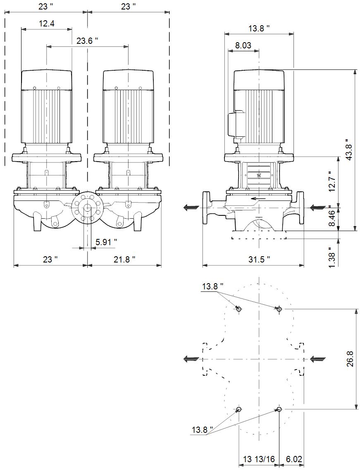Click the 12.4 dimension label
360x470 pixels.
(x=46, y=24)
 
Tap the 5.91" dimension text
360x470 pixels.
(x=106, y=241)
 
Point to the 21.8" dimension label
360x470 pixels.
(x=124, y=259)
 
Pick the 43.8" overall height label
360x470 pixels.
(x=348, y=150)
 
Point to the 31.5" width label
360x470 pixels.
(x=259, y=259)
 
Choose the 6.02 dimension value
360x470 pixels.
(x=294, y=460)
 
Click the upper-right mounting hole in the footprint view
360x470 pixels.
(x=279, y=309)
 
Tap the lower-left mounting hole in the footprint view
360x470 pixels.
(x=239, y=409)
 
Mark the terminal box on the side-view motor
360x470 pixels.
(x=237, y=125)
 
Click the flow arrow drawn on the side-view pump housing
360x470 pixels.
(x=258, y=198)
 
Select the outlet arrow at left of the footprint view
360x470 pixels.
(x=191, y=358)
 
